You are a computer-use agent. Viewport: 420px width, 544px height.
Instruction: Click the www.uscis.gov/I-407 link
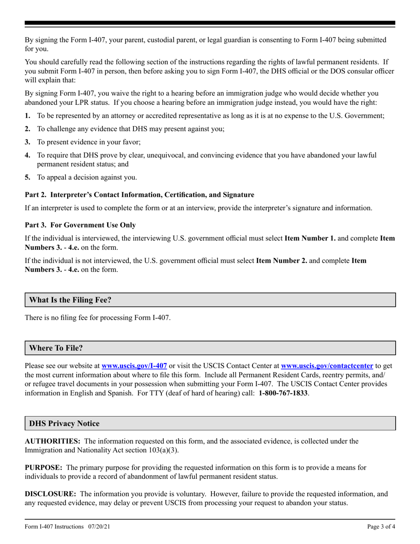point(134,366)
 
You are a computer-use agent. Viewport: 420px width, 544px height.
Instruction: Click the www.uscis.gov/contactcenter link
point(327,366)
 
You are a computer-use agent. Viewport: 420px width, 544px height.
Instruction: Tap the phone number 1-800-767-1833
point(283,393)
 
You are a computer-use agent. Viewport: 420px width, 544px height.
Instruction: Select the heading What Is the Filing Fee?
point(70,300)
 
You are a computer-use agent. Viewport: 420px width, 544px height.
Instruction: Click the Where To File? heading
point(56,348)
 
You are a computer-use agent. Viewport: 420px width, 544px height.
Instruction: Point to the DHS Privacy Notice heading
point(65,423)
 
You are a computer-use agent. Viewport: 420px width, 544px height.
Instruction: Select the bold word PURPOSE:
point(43,467)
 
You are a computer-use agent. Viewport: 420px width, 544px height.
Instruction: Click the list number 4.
point(27,155)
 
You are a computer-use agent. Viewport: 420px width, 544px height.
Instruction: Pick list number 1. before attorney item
point(27,115)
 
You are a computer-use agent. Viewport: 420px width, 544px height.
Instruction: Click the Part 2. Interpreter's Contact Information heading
point(139,195)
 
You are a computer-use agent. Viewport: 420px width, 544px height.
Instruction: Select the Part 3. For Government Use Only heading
point(80,225)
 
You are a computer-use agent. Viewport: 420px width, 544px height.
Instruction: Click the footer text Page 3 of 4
point(381,526)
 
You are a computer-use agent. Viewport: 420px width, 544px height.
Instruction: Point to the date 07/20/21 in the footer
point(99,526)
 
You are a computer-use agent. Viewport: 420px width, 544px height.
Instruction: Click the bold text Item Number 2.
point(282,261)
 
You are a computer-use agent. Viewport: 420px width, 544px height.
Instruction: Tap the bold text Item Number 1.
point(310,238)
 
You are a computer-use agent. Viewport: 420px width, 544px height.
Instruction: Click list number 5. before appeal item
point(27,177)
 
